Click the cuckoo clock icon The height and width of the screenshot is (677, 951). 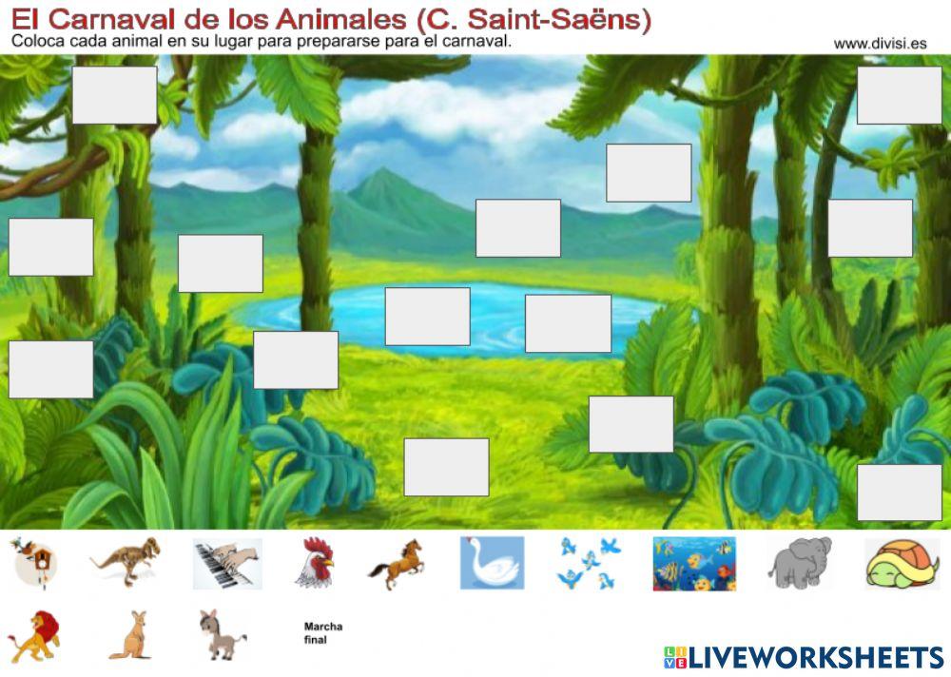[33, 562]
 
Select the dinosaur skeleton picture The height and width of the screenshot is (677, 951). [126, 561]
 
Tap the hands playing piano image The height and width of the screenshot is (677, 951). [227, 564]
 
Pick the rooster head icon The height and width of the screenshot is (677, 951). [316, 563]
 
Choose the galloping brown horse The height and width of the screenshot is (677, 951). [398, 564]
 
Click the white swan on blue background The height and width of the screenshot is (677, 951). [492, 563]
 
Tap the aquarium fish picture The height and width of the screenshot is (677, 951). [693, 564]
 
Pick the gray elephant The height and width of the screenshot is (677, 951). [799, 563]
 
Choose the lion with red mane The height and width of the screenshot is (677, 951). [33, 634]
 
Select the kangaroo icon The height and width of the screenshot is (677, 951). [130, 634]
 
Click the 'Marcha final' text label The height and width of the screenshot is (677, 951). [322, 633]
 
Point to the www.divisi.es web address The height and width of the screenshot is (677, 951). [880, 43]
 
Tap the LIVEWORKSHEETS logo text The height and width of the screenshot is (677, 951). [815, 657]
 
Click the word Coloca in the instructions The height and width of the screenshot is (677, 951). [39, 42]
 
